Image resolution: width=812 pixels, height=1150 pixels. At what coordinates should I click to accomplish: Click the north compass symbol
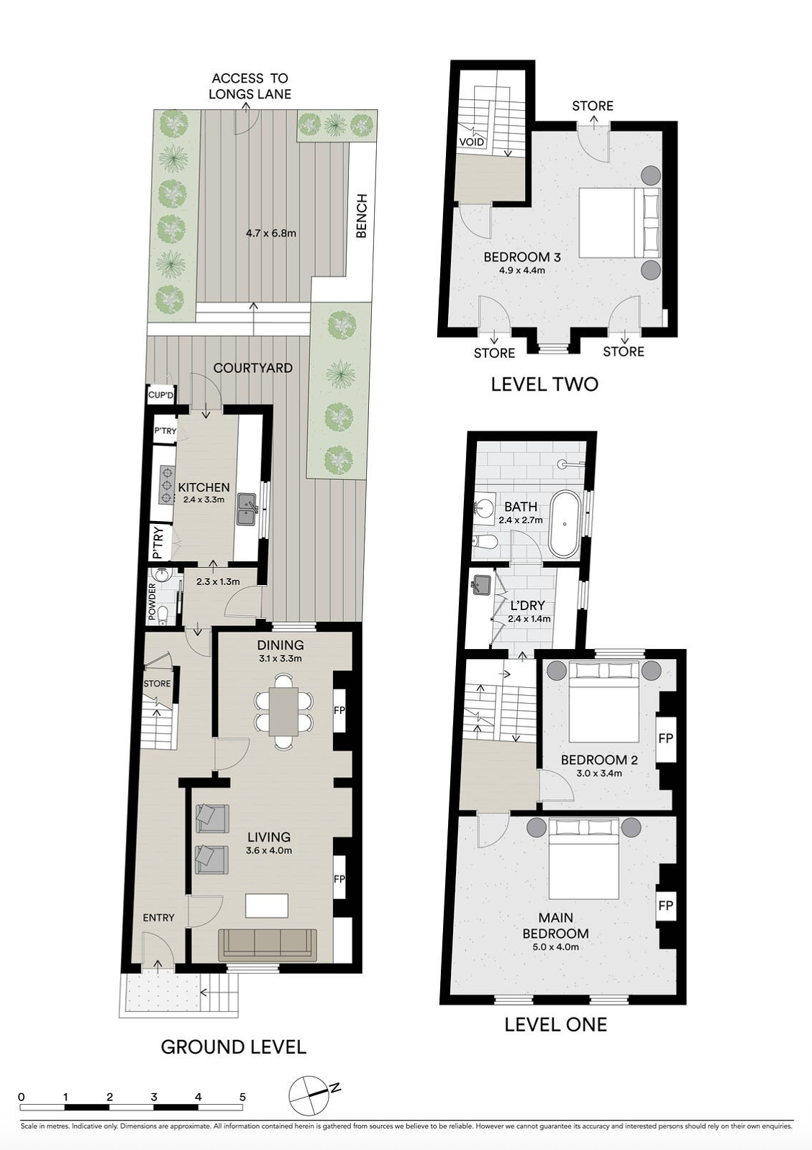(309, 1095)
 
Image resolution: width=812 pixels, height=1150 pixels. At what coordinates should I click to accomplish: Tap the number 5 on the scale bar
(242, 1097)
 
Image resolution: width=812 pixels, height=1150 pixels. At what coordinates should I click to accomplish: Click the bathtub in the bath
(565, 524)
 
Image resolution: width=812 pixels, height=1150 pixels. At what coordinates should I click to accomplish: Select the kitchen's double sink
(247, 509)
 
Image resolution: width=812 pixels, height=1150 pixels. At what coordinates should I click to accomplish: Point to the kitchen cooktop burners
(167, 485)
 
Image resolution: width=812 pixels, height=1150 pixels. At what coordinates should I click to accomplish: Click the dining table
(284, 712)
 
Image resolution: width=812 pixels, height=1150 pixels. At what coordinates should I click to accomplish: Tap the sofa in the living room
(268, 944)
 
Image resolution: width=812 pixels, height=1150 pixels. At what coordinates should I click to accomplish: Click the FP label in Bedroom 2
(665, 738)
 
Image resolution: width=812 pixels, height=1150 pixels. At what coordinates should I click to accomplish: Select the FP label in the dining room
(339, 710)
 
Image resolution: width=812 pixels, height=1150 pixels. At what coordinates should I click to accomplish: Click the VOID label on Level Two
(472, 142)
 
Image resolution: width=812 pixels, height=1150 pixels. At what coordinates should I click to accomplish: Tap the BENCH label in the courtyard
(362, 216)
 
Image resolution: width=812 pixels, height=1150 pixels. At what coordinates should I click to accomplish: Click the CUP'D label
(161, 395)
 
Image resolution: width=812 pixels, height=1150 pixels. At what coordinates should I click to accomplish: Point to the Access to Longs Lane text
(250, 86)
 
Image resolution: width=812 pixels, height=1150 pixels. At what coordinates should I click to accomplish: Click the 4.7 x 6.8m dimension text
(270, 233)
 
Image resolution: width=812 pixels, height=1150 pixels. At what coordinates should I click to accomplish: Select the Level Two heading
(544, 384)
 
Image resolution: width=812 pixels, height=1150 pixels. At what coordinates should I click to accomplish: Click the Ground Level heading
(233, 1046)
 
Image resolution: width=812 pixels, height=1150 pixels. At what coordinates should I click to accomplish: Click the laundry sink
(481, 584)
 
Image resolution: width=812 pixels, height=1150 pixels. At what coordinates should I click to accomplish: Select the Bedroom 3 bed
(619, 222)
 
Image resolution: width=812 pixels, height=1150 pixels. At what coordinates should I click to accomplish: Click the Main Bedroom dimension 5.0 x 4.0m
(555, 947)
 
